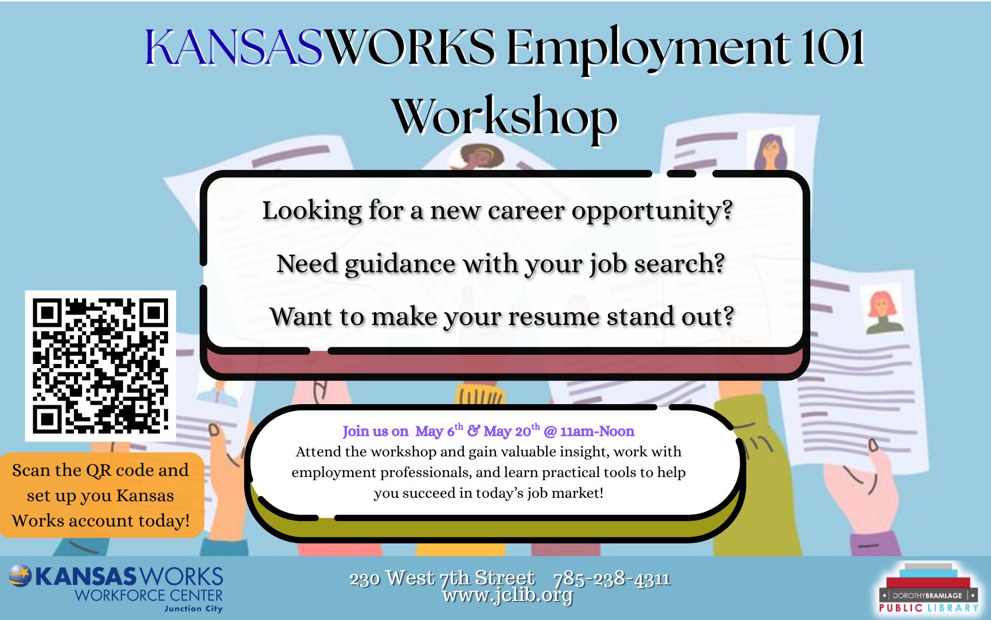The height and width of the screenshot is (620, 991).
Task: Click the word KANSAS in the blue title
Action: pos(234,47)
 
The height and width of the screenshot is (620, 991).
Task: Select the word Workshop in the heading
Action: pos(505,117)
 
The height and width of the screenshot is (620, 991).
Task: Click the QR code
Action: pos(100,366)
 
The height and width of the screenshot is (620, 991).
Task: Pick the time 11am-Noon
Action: pos(597,431)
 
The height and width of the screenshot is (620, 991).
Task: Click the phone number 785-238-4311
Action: pos(611,578)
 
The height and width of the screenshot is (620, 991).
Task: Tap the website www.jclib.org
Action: pos(508,595)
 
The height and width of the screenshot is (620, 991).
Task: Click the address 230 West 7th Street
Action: pos(442,578)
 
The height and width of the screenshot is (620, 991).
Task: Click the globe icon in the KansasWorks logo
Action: pos(20,576)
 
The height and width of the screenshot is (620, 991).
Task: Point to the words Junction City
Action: pos(193,609)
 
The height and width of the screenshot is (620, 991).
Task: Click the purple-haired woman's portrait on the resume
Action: pos(770,152)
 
